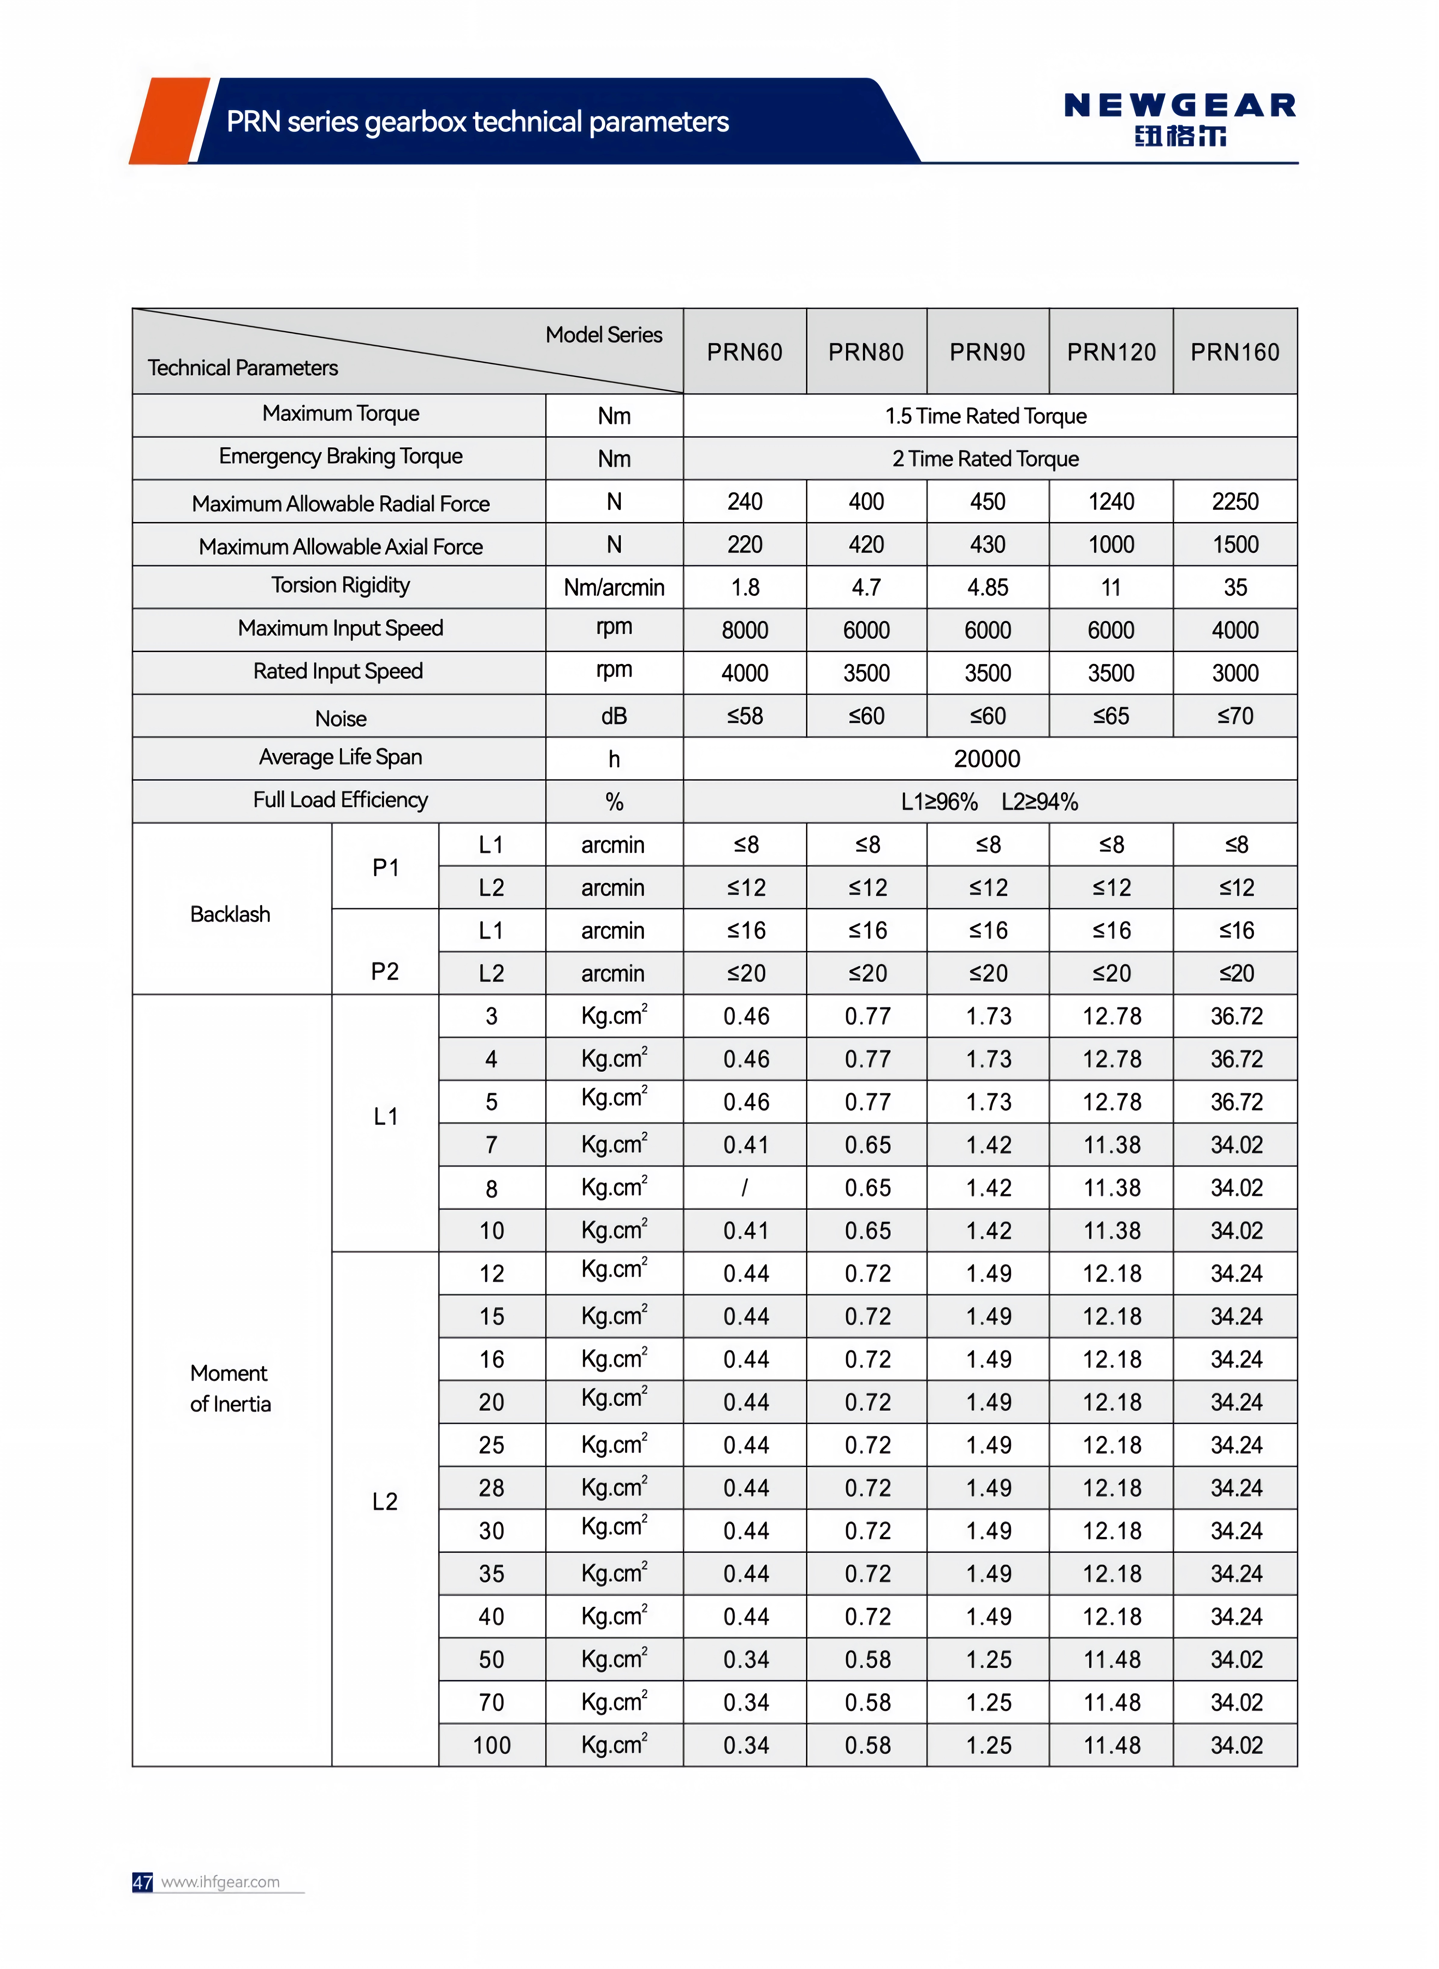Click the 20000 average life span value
pyautogui.click(x=987, y=758)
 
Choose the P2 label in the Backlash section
pyautogui.click(x=385, y=971)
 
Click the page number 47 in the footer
pyautogui.click(x=142, y=1882)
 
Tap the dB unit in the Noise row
pyautogui.click(x=614, y=716)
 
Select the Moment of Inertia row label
pyautogui.click(x=230, y=1388)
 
